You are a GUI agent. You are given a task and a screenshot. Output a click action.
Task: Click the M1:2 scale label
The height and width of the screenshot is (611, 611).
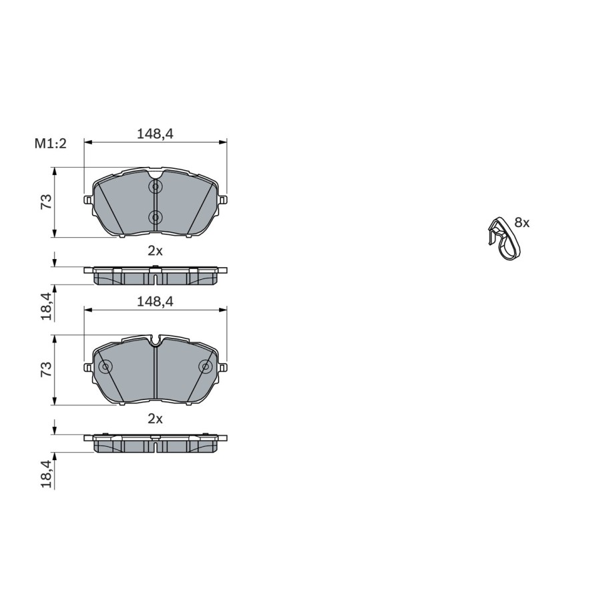click(x=51, y=144)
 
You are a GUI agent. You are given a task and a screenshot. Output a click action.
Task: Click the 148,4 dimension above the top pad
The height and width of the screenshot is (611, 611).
click(x=155, y=134)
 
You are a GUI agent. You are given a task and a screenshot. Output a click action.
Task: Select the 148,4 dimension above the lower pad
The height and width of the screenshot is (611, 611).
click(x=155, y=302)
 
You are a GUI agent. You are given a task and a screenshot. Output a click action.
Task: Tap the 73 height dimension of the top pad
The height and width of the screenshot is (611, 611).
click(x=46, y=202)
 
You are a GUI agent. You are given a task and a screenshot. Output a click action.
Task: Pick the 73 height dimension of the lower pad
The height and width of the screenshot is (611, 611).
click(x=46, y=369)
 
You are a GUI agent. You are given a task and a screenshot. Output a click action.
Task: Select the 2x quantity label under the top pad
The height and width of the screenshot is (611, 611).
click(x=155, y=251)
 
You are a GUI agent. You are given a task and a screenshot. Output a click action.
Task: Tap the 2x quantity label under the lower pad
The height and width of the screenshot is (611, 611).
click(x=155, y=419)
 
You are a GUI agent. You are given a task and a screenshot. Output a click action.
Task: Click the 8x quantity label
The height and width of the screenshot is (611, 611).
click(x=522, y=223)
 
